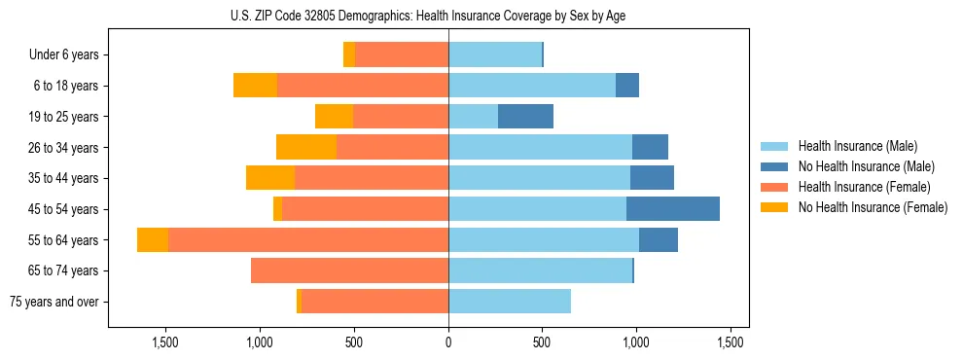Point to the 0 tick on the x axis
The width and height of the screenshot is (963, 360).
pos(448,343)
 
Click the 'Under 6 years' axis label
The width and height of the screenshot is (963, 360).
pos(63,54)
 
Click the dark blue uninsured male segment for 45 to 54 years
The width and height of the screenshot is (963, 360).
pos(673,209)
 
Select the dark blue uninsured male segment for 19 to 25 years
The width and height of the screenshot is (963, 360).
pos(525,117)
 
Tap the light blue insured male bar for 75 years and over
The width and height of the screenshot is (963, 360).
pos(510,302)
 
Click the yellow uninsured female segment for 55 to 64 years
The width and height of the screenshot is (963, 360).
pos(153,239)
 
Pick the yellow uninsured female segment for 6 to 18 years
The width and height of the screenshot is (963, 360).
pos(255,86)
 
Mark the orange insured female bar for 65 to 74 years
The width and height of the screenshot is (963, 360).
pos(349,270)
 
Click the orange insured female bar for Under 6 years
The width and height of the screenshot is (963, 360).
pos(402,54)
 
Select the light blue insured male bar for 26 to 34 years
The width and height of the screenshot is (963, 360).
pos(540,147)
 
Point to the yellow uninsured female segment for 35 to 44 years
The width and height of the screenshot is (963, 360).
pos(270,178)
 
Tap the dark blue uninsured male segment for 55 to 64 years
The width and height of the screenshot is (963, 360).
pos(659,239)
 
